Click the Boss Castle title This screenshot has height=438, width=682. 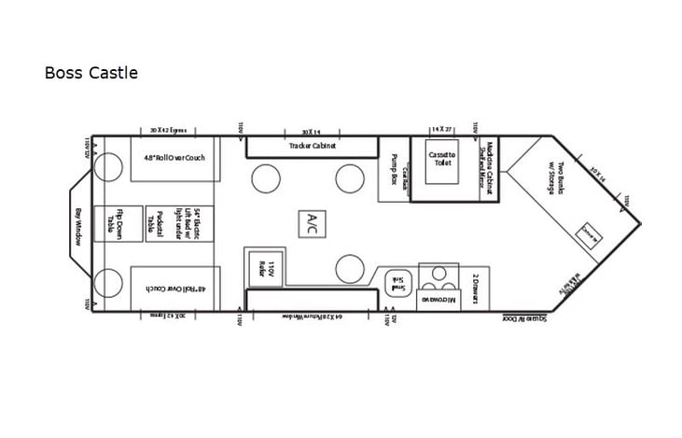90,73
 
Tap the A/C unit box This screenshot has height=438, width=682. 312,222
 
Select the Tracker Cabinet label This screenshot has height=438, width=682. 313,146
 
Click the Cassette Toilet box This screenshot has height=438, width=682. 441,158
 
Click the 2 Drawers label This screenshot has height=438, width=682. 475,283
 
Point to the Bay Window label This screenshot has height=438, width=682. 78,225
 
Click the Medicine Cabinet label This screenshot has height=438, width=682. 487,168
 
